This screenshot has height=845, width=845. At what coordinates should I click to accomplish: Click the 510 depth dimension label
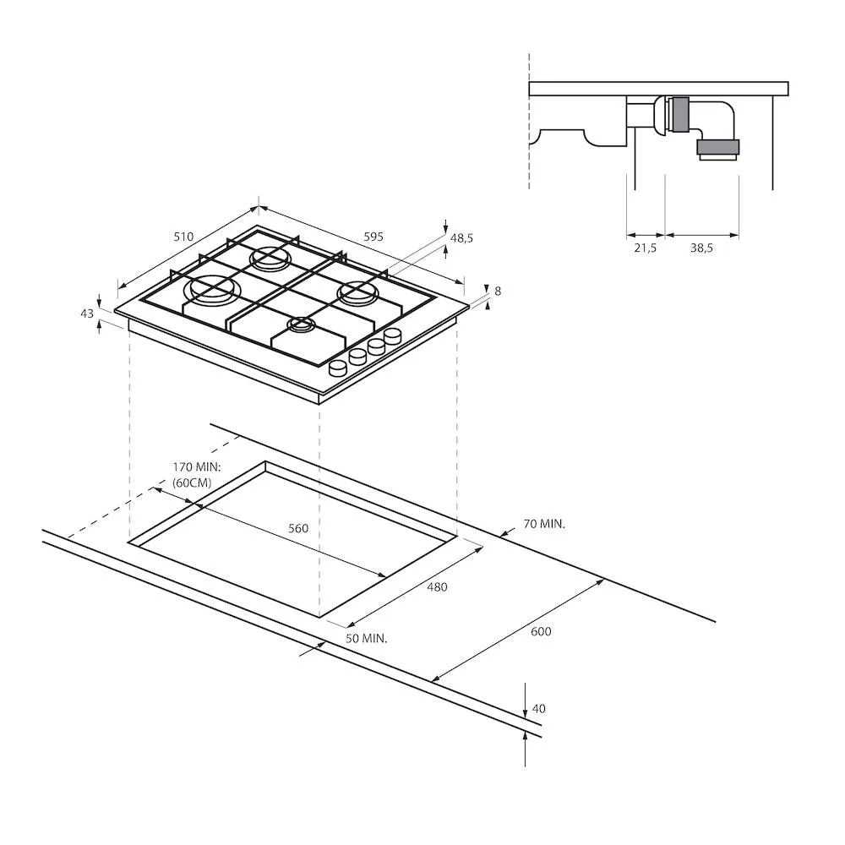[x=184, y=237]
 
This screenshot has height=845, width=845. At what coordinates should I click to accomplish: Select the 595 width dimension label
[x=373, y=237]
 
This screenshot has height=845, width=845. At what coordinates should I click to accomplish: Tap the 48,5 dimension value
[x=461, y=238]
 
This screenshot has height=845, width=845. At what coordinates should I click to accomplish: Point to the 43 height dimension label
[x=86, y=313]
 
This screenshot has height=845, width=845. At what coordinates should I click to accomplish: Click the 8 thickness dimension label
[x=498, y=291]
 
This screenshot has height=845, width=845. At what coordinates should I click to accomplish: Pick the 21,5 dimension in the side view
[x=645, y=248]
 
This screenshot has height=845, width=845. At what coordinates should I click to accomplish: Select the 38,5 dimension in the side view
[x=701, y=248]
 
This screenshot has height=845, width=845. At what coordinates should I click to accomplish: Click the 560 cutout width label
[x=298, y=528]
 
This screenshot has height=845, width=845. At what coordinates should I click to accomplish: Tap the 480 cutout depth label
[x=437, y=587]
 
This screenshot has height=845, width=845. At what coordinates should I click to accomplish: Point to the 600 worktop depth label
[x=541, y=631]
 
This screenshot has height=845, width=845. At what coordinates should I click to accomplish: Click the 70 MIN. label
[x=543, y=524]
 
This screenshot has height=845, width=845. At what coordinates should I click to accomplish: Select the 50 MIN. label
[x=366, y=639]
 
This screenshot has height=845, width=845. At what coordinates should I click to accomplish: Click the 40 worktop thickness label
[x=538, y=709]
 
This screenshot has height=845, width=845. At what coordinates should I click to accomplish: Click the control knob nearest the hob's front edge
[x=337, y=368]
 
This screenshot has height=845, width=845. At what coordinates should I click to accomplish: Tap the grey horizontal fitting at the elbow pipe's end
[x=717, y=150]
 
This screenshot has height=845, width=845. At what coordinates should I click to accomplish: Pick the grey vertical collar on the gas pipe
[x=678, y=115]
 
